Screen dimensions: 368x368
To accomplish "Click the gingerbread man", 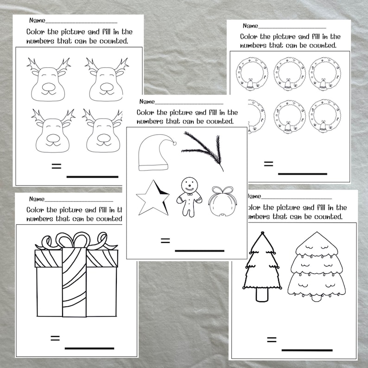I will pos(189,196).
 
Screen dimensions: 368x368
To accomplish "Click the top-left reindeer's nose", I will pos(49,86).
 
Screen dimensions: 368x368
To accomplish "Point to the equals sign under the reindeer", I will pos(56,166).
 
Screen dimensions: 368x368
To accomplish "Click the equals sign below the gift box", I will pos(55,338).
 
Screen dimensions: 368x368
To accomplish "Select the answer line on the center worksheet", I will pos(199,251).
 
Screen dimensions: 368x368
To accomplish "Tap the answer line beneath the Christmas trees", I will pos(307,350).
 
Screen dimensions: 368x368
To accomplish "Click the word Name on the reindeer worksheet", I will pos(37,20).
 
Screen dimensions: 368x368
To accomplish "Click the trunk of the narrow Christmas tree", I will pos(262,294).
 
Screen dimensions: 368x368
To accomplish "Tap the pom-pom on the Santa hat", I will pos(174,143).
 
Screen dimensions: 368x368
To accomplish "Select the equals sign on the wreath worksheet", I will pos(267,164).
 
